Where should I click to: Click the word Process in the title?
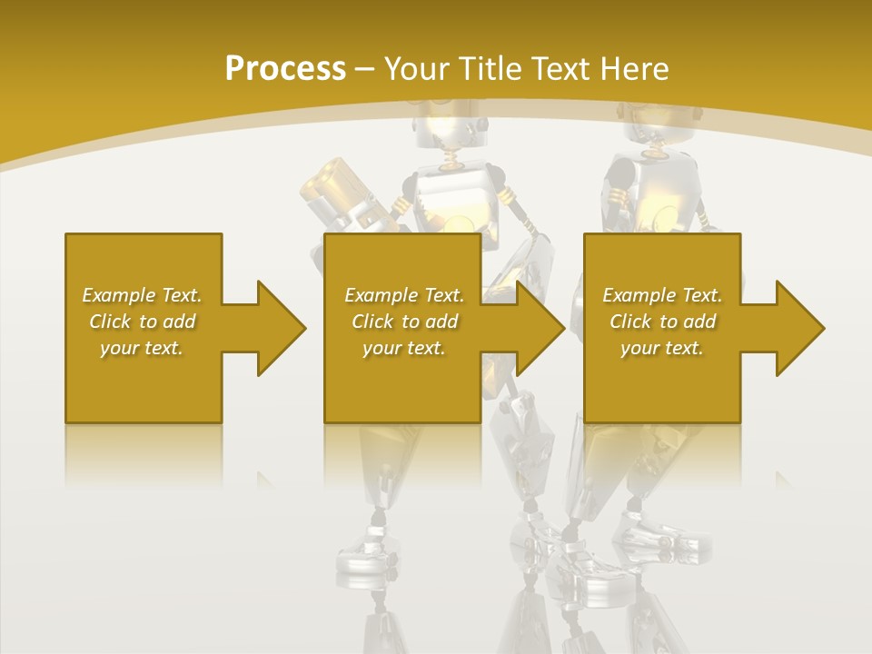coord(285,69)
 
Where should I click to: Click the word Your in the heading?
coord(419,69)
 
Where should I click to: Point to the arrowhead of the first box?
coord(282,328)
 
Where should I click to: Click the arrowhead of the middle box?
coord(540,328)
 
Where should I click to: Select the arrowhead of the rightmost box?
coord(800,328)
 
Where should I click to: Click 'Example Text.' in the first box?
coord(143,295)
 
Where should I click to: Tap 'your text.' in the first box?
coord(143,348)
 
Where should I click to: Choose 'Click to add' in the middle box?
coord(404,322)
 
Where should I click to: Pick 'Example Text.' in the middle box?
coord(404,295)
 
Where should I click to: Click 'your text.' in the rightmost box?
coord(662,348)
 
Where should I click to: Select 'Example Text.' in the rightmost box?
coord(662,295)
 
